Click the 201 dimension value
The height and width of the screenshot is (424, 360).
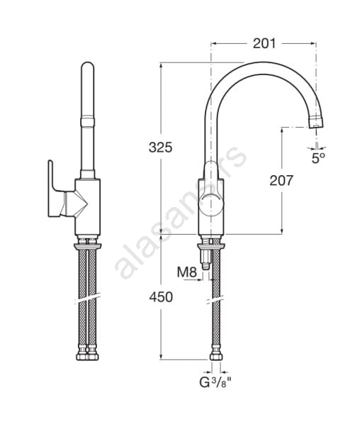[x=264, y=43]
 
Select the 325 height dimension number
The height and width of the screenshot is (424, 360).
[x=160, y=147]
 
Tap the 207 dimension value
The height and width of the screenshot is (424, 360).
[x=281, y=181]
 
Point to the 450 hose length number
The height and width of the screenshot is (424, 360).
[x=161, y=297]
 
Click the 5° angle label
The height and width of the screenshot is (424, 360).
[x=318, y=158]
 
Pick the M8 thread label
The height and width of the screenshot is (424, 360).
[x=187, y=272]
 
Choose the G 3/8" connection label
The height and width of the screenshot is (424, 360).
[x=215, y=382]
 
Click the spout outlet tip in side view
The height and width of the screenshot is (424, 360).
[x=317, y=122]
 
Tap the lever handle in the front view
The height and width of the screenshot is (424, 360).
[x=57, y=189]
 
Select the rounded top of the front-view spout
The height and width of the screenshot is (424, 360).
[x=88, y=67]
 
